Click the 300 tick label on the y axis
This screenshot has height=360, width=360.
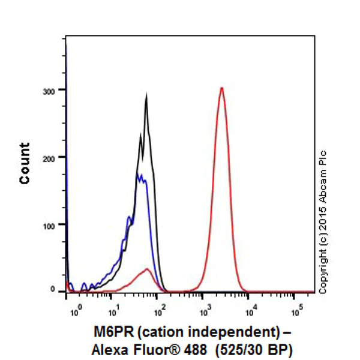pos(57,90)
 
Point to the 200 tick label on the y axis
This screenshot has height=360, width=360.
pos(57,157)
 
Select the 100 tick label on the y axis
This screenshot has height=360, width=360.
pos(57,224)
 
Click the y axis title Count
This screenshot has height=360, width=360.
pos(25,163)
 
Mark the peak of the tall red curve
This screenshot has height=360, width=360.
pos(221,88)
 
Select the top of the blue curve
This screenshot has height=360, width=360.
pos(139,175)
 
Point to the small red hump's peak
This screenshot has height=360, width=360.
pos(147,269)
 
